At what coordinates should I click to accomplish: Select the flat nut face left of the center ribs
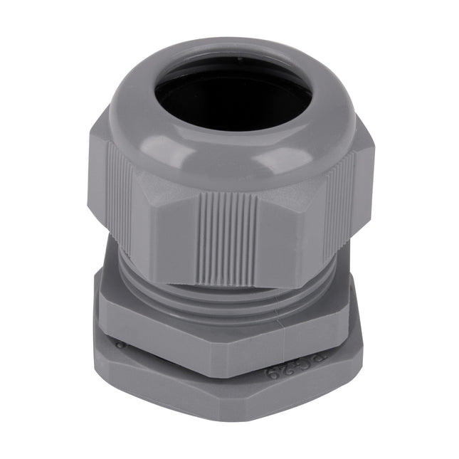click(x=167, y=235)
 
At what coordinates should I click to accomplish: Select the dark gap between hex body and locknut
click(x=213, y=359)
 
